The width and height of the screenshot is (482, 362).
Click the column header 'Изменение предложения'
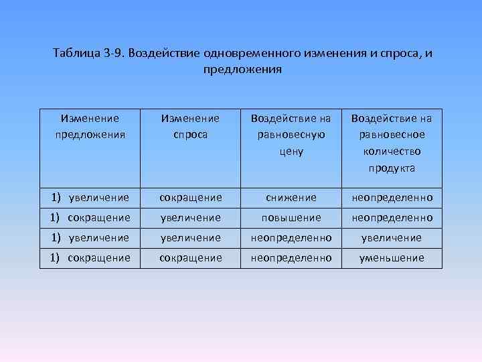point(90,125)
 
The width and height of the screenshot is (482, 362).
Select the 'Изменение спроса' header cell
point(190,125)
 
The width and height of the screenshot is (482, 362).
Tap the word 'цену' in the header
point(291,152)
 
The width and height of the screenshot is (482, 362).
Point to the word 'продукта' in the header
point(392,168)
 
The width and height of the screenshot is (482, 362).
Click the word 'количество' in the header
point(392,152)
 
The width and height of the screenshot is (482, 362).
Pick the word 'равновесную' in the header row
point(291,135)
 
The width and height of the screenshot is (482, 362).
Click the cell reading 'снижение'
point(291,198)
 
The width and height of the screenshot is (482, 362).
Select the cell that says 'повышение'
point(291,218)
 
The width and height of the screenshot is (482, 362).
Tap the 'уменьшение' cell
point(392,257)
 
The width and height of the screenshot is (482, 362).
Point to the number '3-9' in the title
point(115,53)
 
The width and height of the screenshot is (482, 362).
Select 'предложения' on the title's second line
point(241,69)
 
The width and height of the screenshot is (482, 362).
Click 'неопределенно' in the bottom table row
point(291,257)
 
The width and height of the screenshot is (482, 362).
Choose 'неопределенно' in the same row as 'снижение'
point(392,198)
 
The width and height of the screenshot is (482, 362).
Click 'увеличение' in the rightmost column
point(392,238)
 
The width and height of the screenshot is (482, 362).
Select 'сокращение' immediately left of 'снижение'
point(190,198)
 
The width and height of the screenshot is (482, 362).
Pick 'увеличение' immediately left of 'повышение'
point(190,218)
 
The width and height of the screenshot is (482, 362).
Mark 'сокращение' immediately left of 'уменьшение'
point(190,257)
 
